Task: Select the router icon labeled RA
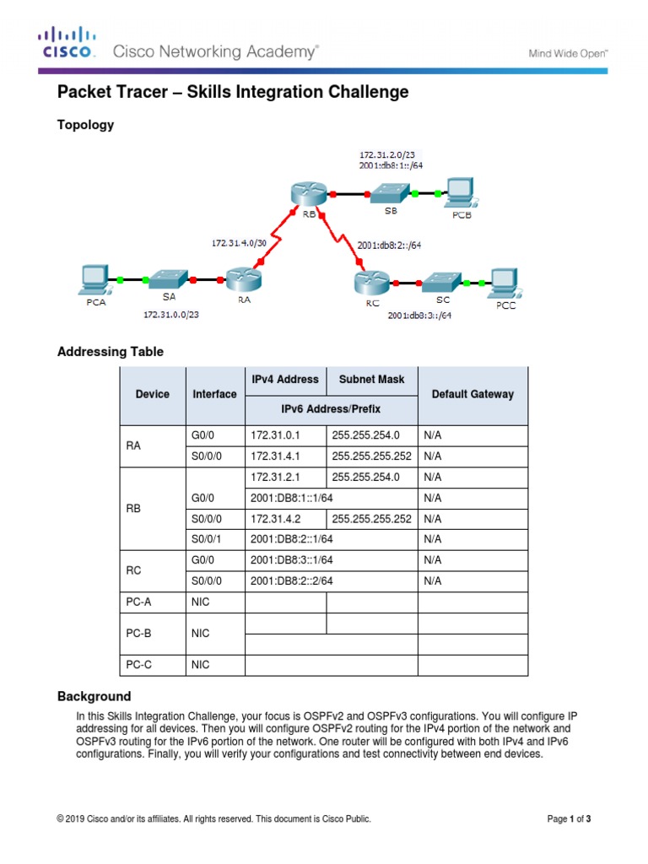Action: [245, 277]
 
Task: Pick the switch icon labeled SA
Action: [169, 278]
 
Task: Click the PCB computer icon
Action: [460, 193]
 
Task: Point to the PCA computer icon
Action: [94, 279]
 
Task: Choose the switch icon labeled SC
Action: [442, 282]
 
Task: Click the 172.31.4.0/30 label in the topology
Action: [238, 242]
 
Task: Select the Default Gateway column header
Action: [472, 394]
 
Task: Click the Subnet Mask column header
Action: [371, 380]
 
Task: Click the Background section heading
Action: [94, 696]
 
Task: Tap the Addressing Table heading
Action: [110, 351]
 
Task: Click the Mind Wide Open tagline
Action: [568, 53]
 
